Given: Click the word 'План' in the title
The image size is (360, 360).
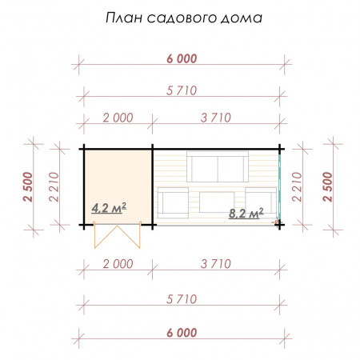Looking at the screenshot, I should tap(124, 18).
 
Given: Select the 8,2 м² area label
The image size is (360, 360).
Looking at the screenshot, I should tap(246, 214).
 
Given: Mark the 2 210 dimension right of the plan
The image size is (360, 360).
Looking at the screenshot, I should tap(299, 189).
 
